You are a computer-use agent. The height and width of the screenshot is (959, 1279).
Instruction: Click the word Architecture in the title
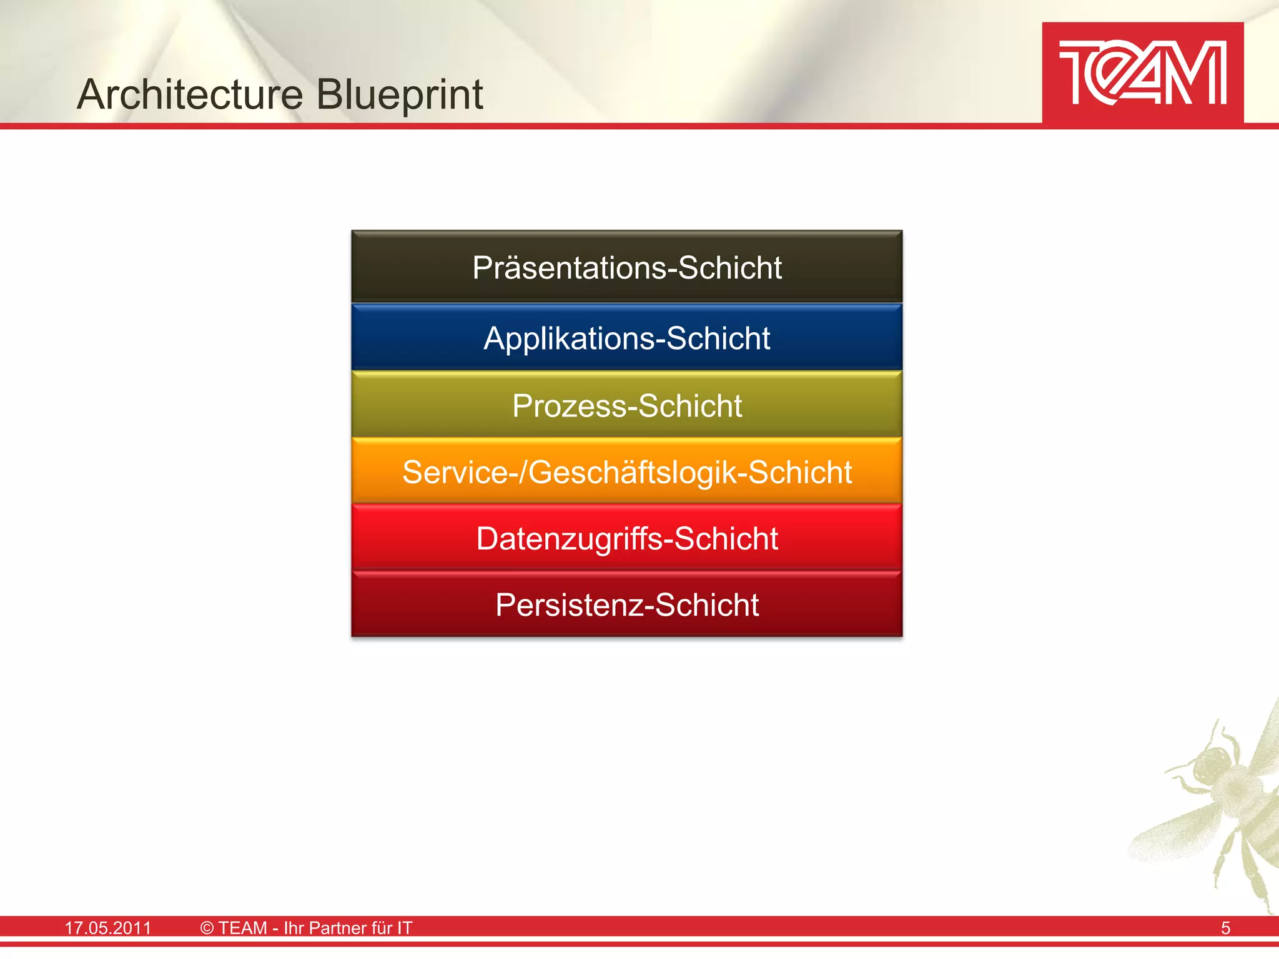coord(190,95)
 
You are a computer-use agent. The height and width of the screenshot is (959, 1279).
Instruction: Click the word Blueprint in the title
coord(399,95)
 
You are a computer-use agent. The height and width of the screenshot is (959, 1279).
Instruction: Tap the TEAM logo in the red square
coord(1142,73)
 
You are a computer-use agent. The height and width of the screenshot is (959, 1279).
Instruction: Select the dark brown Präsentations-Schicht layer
coord(626,267)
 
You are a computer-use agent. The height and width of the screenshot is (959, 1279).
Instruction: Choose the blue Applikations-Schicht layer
coord(626,338)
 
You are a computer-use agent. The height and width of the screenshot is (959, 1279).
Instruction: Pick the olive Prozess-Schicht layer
coord(626,405)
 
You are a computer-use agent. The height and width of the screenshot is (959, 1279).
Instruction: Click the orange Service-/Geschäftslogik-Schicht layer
coord(626,471)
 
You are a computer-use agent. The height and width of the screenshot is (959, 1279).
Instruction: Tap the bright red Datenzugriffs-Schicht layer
coord(626,538)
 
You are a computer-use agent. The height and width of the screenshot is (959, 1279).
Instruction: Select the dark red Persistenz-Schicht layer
coord(626,604)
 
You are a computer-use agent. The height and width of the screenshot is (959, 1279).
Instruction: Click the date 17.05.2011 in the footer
coord(108,928)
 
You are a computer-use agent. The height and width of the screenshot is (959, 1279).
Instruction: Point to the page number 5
coord(1225,928)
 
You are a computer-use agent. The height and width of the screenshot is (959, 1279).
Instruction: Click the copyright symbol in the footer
coord(207,928)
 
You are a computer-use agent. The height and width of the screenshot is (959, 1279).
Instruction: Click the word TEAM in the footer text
coord(242,928)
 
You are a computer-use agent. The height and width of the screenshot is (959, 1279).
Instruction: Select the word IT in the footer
coord(405,928)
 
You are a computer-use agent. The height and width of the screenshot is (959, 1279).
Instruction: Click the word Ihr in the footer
coord(294,928)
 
